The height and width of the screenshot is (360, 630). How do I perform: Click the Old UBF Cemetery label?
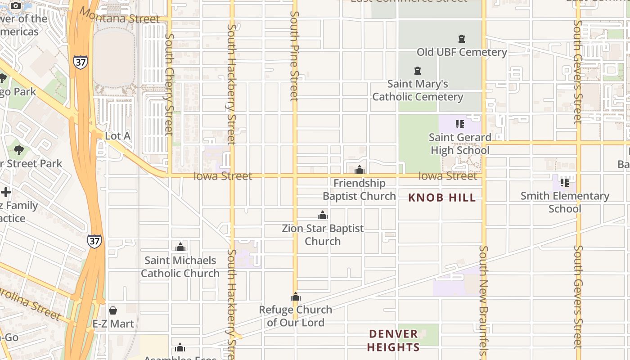pyautogui.click(x=462, y=52)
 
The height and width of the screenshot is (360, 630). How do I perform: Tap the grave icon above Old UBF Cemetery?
pyautogui.click(x=461, y=39)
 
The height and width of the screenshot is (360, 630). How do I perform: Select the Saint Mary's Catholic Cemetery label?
pyautogui.click(x=418, y=90)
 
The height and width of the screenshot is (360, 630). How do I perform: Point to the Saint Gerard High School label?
pyautogui.click(x=460, y=144)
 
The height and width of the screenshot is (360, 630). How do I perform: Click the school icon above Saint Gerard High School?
pyautogui.click(x=459, y=124)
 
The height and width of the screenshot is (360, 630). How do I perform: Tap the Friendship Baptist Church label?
pyautogui.click(x=359, y=189)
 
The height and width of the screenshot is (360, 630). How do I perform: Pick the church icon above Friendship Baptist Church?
pyautogui.click(x=359, y=170)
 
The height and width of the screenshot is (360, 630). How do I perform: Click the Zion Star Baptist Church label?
pyautogui.click(x=323, y=234)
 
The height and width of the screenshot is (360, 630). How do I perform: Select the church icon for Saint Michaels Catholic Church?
pyautogui.click(x=180, y=247)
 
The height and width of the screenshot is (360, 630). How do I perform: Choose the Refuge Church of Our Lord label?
pyautogui.click(x=296, y=316)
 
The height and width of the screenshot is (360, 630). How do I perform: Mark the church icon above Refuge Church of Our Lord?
pyautogui.click(x=296, y=297)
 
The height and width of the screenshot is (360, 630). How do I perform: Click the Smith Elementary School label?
pyautogui.click(x=565, y=202)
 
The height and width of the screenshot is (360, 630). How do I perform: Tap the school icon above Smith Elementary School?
pyautogui.click(x=565, y=182)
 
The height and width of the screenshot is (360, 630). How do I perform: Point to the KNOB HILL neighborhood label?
pyautogui.click(x=442, y=198)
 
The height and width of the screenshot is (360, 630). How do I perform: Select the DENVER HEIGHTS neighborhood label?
pyautogui.click(x=394, y=340)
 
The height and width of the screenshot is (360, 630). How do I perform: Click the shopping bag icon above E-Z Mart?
pyautogui.click(x=113, y=310)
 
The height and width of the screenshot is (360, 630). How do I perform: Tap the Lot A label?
pyautogui.click(x=118, y=136)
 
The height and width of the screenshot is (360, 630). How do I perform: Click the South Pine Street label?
pyautogui.click(x=294, y=56)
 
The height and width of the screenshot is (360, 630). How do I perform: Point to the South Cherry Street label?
pyautogui.click(x=169, y=84)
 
